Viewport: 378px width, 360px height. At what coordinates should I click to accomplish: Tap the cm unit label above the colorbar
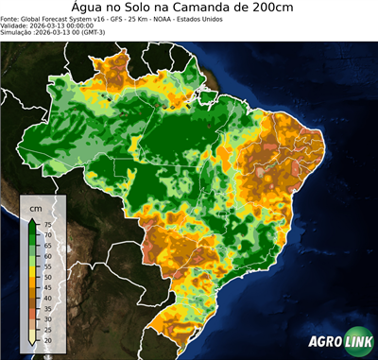click(x=36, y=207)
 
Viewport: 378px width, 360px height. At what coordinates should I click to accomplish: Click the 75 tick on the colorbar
click(x=46, y=225)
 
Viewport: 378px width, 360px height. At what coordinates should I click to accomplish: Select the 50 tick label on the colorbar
click(x=46, y=276)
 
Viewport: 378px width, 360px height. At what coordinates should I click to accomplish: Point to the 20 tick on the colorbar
click(x=46, y=337)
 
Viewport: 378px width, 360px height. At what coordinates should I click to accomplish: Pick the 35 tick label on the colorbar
click(x=46, y=307)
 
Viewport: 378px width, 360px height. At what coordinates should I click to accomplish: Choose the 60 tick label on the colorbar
click(x=46, y=255)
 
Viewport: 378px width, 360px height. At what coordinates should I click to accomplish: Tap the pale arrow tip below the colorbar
click(x=32, y=341)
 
